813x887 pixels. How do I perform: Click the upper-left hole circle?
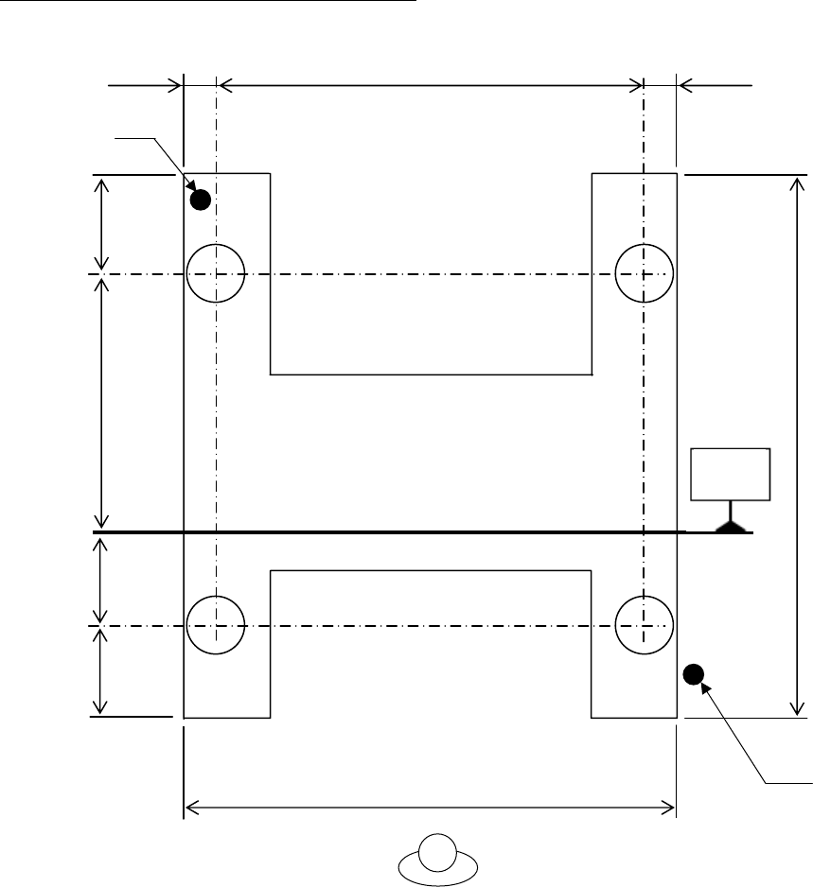tap(217, 273)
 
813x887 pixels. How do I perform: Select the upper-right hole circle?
tap(644, 273)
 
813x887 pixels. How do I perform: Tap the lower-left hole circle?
tap(217, 625)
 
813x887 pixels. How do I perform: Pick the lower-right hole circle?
tap(644, 625)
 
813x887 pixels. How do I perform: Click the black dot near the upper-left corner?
tap(200, 200)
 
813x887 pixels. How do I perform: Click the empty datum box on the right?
tap(731, 474)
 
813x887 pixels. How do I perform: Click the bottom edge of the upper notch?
tap(431, 375)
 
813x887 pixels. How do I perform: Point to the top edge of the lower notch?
tap(431, 570)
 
